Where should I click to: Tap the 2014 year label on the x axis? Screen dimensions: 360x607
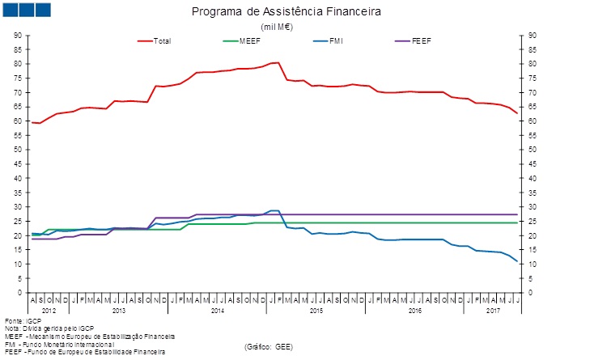click(217, 311)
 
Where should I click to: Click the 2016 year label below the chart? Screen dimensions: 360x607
click(414, 311)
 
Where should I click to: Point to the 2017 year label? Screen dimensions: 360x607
click(492, 311)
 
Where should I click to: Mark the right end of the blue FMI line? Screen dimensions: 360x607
click(516, 261)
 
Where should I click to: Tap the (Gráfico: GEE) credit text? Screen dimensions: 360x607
click(268, 346)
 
